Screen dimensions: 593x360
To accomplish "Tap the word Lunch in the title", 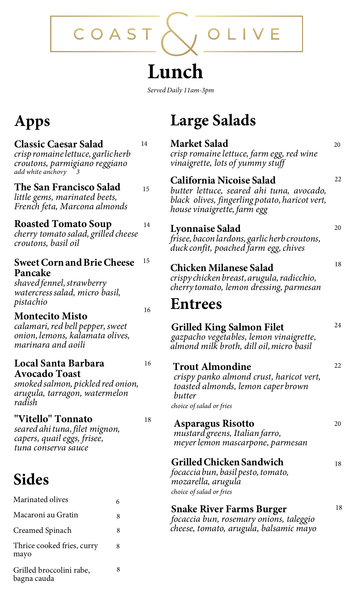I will point(175,72).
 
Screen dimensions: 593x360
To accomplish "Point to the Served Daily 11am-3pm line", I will point(180,90).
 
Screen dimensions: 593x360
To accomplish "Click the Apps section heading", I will point(32,121).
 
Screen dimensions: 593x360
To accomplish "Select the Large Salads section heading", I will point(213,120).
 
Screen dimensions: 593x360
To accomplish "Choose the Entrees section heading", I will point(196,304).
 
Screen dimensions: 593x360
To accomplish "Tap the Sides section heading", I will point(31,479).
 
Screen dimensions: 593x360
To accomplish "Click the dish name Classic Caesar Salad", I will point(59,144).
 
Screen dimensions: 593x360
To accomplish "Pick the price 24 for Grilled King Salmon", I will point(337,325).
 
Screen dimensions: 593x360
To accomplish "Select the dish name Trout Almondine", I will point(212,367).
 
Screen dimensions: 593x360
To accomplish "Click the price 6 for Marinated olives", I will point(118,502).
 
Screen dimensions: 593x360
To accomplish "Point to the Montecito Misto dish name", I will point(51,316).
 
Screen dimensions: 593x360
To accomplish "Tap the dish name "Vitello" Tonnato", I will point(53,419).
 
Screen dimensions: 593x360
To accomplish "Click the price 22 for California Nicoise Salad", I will point(338,179).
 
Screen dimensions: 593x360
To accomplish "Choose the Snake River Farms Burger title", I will point(229,509).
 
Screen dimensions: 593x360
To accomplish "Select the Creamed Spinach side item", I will point(42,530).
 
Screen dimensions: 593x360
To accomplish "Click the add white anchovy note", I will point(40,172).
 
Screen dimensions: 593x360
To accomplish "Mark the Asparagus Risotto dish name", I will point(214,423).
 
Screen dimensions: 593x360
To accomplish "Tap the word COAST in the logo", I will point(113,34).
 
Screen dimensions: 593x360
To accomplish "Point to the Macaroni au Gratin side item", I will point(46,515).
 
